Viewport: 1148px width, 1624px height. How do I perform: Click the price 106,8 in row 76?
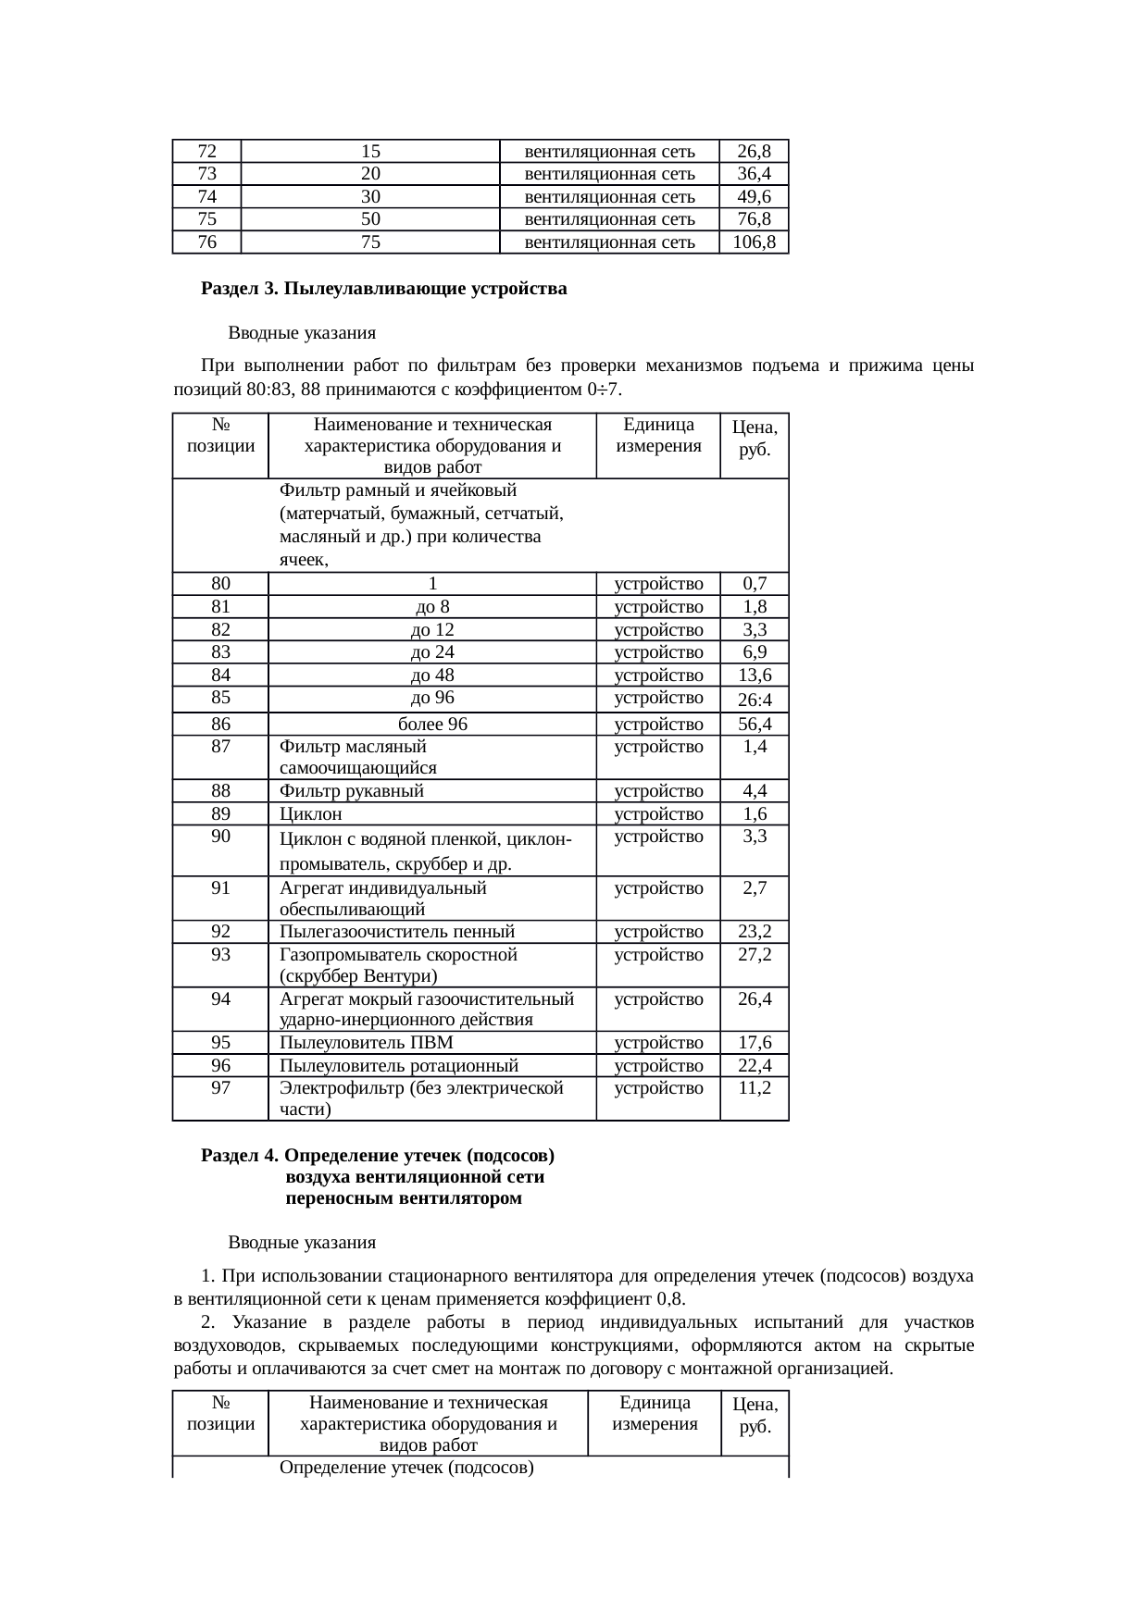coord(754,242)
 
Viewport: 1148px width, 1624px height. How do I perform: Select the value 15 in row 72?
coord(370,151)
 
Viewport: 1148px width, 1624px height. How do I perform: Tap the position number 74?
coord(207,196)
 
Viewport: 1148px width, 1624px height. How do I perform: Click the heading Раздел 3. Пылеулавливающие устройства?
coord(384,289)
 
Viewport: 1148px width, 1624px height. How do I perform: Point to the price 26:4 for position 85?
coord(755,700)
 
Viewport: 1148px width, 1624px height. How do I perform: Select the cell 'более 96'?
coord(432,725)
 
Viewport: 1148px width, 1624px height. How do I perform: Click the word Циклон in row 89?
coord(311,814)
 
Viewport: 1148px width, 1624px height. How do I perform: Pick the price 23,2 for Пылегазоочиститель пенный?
coord(755,932)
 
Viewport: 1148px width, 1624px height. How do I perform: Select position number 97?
coord(220,1088)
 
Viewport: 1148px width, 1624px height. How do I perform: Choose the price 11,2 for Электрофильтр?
coord(755,1088)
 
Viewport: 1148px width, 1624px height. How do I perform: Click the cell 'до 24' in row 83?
coord(432,652)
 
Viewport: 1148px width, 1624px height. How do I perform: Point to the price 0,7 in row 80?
coord(755,584)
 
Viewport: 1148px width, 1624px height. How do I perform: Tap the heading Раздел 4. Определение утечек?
coord(378,1156)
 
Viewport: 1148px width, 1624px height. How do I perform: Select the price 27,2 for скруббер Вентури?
coord(755,954)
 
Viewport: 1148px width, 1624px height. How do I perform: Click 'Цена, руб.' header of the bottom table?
coord(755,1415)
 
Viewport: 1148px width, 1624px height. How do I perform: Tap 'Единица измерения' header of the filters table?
coord(658,435)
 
